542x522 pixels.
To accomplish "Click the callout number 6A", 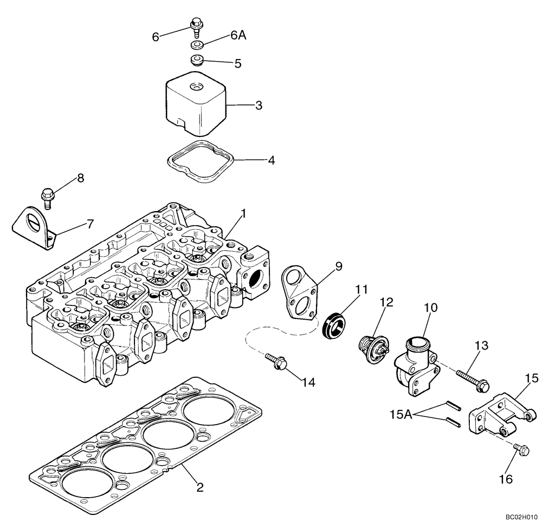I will tap(238, 35).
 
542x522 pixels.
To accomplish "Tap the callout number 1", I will tap(243, 214).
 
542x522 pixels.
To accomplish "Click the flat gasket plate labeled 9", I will tap(300, 295).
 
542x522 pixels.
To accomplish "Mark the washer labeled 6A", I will tap(196, 44).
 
